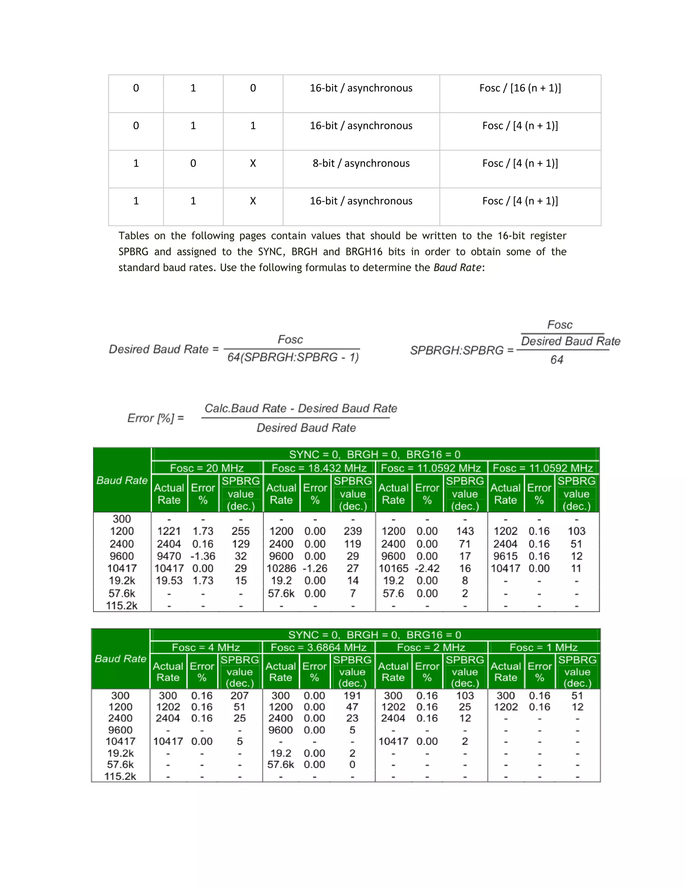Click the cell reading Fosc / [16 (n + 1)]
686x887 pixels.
pyautogui.click(x=520, y=88)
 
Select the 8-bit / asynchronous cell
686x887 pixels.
pyautogui.click(x=361, y=163)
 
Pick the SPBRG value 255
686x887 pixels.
pyautogui.click(x=241, y=531)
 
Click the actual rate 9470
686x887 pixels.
pyautogui.click(x=169, y=556)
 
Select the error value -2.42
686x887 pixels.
pyautogui.click(x=427, y=568)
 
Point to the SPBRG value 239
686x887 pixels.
pyautogui.click(x=352, y=531)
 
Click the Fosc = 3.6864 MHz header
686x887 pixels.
pyautogui.click(x=318, y=647)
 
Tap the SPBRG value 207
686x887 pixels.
pyautogui.click(x=239, y=696)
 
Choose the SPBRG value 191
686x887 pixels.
pyautogui.click(x=352, y=696)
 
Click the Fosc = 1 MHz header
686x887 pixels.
pyautogui.click(x=543, y=647)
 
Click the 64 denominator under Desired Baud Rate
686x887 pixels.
pyautogui.click(x=557, y=360)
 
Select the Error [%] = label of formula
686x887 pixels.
pyautogui.click(x=156, y=418)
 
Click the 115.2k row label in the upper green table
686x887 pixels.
pyautogui.click(x=122, y=606)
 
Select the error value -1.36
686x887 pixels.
pyautogui.click(x=203, y=556)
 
